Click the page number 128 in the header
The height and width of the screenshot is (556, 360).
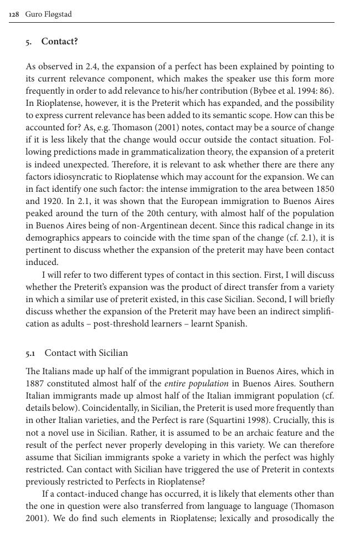pyautogui.click(x=15, y=14)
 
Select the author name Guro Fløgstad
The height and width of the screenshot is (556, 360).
pyautogui.click(x=49, y=14)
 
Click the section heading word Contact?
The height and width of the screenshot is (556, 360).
pyautogui.click(x=59, y=42)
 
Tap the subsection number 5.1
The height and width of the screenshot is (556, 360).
pyautogui.click(x=30, y=353)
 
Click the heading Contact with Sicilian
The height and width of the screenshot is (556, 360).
pyautogui.click(x=86, y=353)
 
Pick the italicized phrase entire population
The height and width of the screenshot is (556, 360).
pyautogui.click(x=196, y=384)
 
